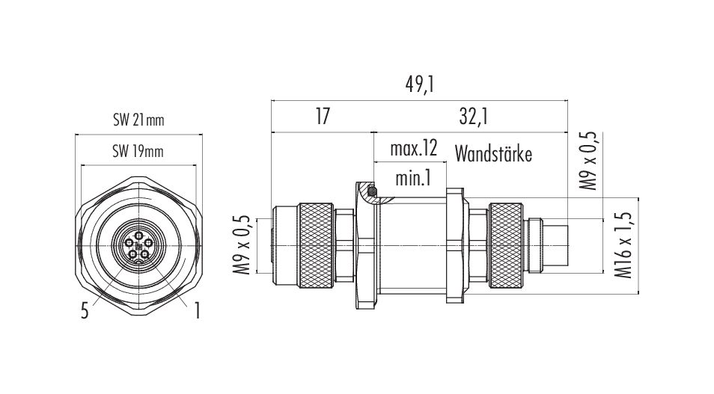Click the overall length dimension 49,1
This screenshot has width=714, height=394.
click(419, 85)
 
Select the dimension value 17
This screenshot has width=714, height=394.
click(323, 117)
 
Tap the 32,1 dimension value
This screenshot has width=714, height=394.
click(474, 117)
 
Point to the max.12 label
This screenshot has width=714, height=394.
click(413, 148)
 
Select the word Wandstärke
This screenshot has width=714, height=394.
click(493, 154)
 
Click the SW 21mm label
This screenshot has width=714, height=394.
click(138, 120)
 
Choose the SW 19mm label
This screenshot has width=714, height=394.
click(138, 151)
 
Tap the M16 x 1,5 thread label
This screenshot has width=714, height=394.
click(623, 244)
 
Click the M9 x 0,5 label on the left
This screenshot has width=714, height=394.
click(242, 244)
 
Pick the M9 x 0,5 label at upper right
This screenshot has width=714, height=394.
click(587, 161)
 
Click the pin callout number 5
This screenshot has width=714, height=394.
click(85, 312)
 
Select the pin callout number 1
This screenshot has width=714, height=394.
click(197, 311)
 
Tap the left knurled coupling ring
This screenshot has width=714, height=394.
click(316, 246)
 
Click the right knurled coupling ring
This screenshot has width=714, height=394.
click(506, 246)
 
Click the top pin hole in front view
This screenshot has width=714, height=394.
click(139, 235)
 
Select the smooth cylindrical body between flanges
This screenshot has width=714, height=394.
click(412, 246)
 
